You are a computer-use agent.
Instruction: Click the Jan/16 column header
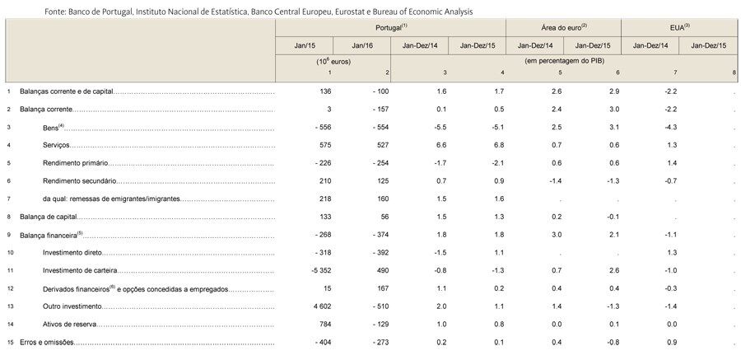[361, 46]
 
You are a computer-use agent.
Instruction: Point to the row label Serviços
[56, 145]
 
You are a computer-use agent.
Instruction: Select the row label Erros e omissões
[47, 343]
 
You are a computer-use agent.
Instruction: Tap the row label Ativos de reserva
[69, 325]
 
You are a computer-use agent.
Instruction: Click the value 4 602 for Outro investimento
[322, 307]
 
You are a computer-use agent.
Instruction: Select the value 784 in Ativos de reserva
[325, 325]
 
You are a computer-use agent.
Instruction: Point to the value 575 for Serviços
[325, 145]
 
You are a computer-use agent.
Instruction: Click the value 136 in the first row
[325, 91]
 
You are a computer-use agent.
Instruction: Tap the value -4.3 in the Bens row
[670, 127]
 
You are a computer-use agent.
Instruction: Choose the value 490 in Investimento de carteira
[383, 271]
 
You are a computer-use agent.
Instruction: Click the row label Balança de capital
[48, 217]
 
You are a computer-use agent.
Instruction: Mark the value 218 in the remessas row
[325, 199]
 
